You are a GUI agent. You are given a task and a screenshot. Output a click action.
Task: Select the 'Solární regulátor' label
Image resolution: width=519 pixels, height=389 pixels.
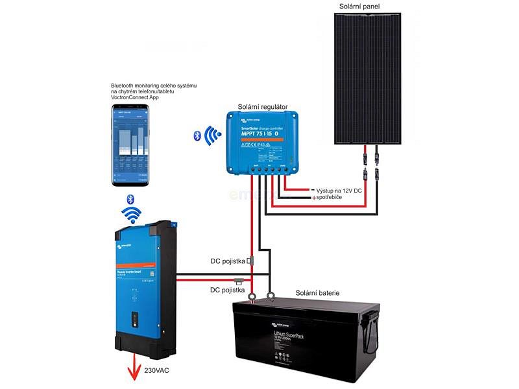point(263,106)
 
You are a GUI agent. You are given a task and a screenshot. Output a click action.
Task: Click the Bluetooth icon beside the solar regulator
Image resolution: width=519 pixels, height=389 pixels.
point(197,136)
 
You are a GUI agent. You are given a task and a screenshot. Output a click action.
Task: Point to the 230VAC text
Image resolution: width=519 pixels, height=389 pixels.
point(162,371)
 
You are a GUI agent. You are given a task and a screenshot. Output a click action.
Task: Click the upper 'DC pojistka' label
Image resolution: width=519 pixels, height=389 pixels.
point(227,262)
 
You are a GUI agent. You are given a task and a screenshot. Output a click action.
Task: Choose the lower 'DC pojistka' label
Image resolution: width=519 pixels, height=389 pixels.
point(227,290)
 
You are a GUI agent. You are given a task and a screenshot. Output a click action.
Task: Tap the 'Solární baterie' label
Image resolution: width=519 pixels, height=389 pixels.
point(317,293)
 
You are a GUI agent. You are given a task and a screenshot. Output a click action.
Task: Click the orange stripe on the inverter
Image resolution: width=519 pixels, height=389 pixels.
point(137,266)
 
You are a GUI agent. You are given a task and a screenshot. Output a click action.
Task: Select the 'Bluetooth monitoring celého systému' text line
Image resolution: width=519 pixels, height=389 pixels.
point(154,86)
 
